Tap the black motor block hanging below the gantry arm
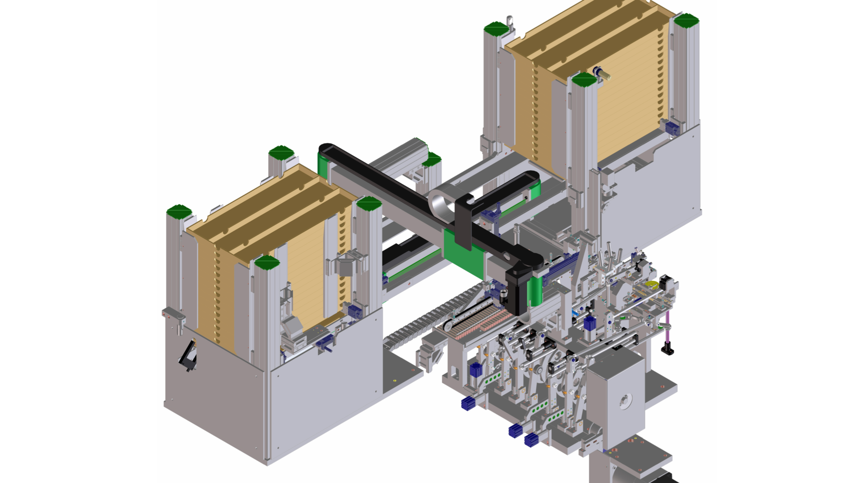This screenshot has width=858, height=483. [518, 293]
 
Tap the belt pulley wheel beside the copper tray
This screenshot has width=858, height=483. [449, 329]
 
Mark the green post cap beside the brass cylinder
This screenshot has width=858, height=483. [584, 81]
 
